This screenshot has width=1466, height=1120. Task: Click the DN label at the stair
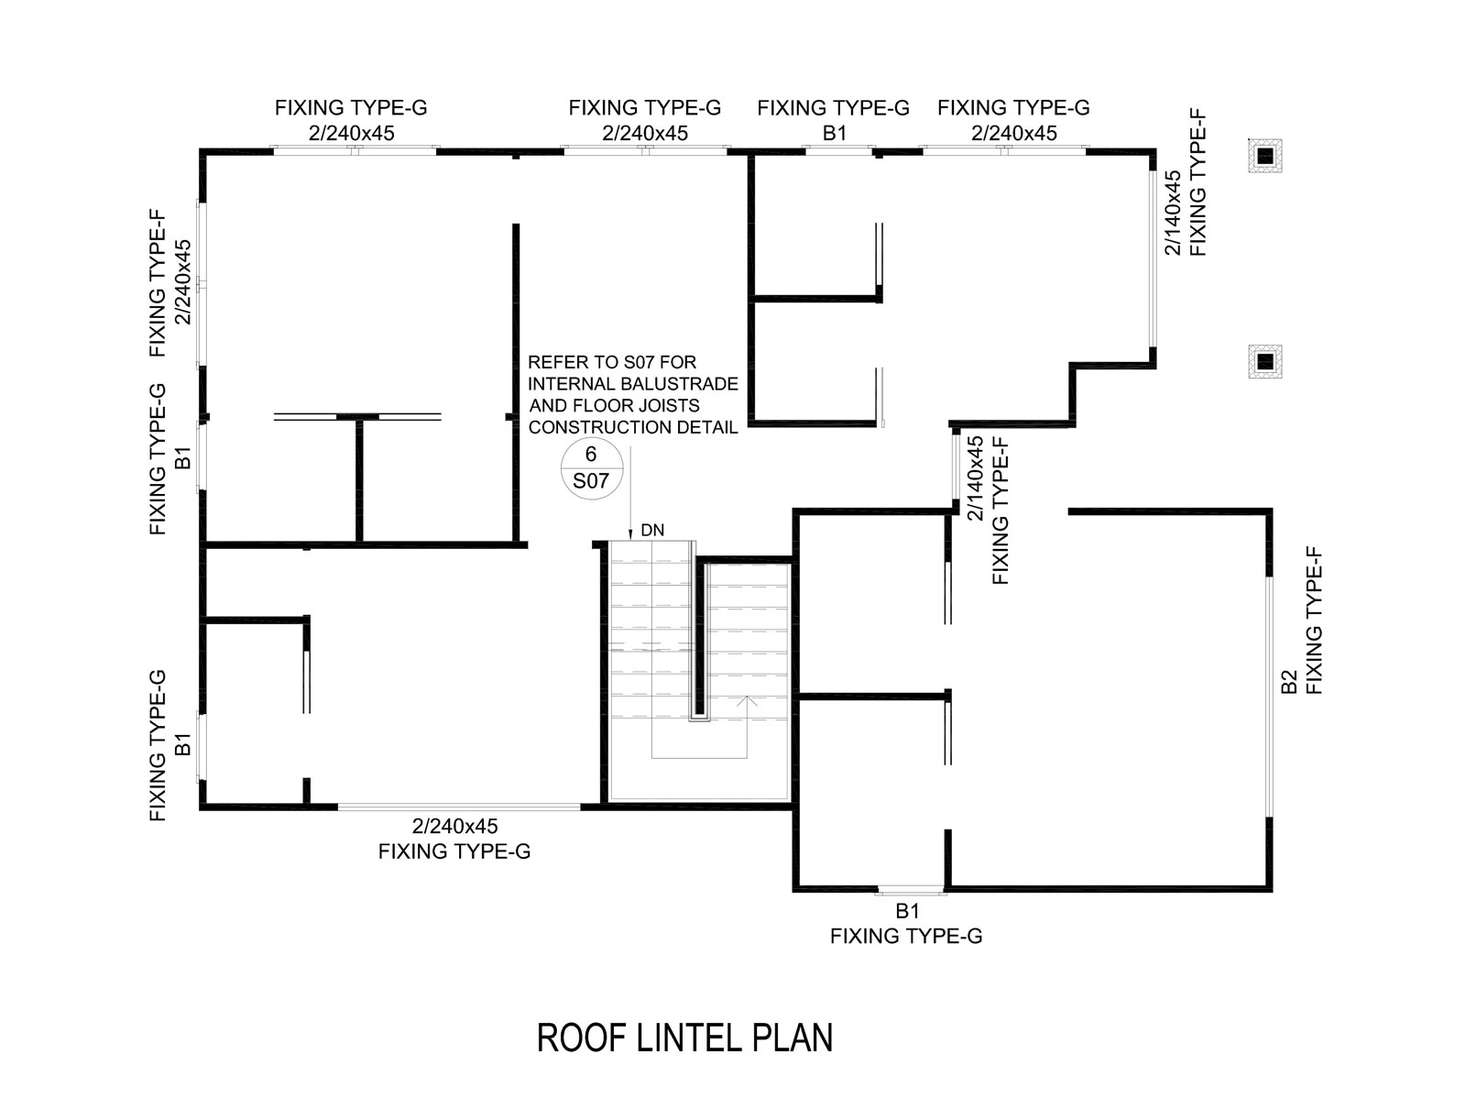[652, 530]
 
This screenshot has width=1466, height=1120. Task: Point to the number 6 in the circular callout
[591, 455]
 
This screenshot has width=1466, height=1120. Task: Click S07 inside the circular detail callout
[591, 479]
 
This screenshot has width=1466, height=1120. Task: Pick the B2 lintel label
[1289, 682]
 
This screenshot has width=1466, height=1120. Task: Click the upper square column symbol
[1265, 157]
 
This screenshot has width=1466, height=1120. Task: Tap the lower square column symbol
[1265, 362]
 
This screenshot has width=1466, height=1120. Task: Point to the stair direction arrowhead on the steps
[748, 701]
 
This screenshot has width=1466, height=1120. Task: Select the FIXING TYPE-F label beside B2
[1315, 620]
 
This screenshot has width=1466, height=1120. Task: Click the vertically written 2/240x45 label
[184, 281]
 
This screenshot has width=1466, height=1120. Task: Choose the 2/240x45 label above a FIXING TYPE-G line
[455, 826]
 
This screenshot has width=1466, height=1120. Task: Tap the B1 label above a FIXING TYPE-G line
[907, 911]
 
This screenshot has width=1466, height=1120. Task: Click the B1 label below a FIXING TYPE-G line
[834, 133]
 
